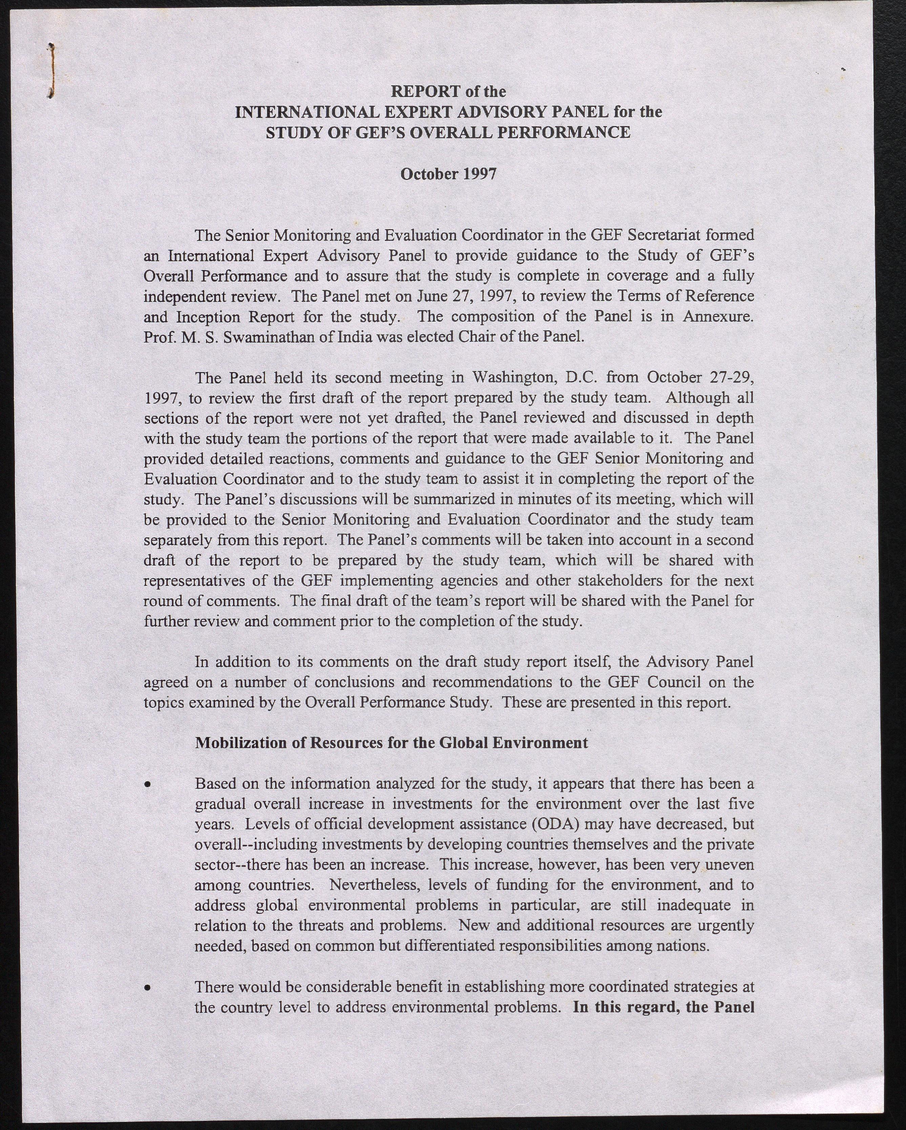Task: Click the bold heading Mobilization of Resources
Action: point(391,743)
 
